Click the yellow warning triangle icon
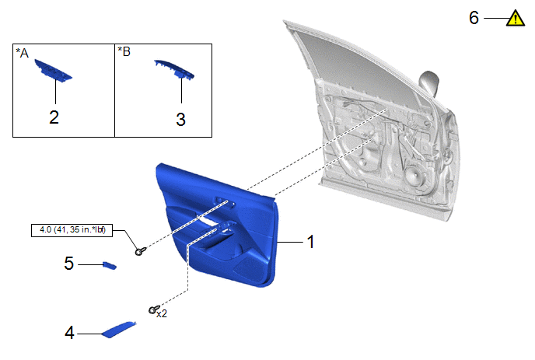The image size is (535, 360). click(516, 19)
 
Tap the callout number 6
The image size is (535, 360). click(474, 18)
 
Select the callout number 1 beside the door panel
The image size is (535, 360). click(310, 242)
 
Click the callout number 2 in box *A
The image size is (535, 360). click(54, 117)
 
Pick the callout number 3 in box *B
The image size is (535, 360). click(181, 120)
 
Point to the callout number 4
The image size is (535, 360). click(70, 333)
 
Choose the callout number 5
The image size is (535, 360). click(69, 264)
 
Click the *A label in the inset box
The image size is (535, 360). click(23, 53)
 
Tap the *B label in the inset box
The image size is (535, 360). click(124, 51)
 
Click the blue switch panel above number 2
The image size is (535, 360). click(53, 71)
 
